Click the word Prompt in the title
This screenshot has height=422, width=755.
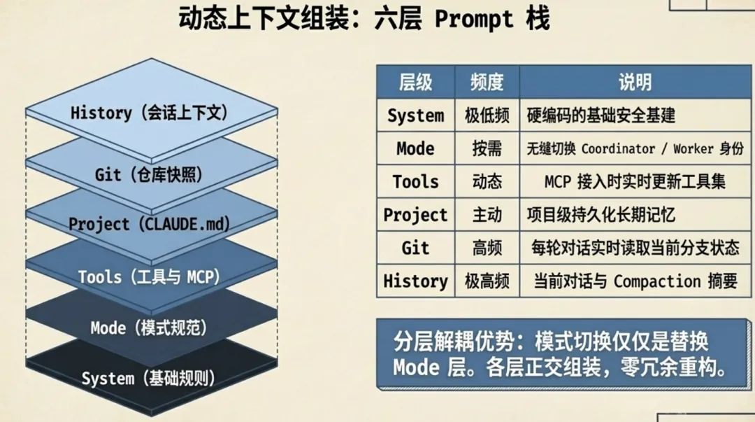coord(473,18)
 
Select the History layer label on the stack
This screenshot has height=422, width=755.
coord(150,112)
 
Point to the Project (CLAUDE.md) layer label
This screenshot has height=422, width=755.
coord(150,225)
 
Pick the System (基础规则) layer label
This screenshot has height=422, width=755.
coord(148,379)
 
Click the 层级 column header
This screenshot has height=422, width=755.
coord(415,82)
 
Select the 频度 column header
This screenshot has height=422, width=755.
coord(487,82)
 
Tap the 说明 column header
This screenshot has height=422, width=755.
coord(635,82)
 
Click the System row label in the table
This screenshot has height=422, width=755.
coord(415,115)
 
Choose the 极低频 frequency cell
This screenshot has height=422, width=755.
coord(487,115)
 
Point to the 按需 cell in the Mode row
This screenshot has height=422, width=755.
coord(487,148)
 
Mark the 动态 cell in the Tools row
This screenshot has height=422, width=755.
coord(487,182)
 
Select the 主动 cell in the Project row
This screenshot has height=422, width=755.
coord(487,215)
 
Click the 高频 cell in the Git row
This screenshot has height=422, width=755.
coord(487,248)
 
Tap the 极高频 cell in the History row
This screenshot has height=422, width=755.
coord(487,281)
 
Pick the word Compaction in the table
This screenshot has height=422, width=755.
coord(657,281)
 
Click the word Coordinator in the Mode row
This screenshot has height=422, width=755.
coord(618,149)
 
